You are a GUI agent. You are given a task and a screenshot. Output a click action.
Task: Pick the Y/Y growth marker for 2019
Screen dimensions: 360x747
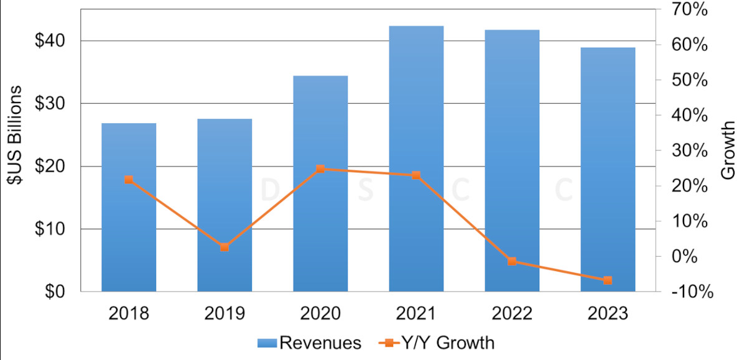[225, 247]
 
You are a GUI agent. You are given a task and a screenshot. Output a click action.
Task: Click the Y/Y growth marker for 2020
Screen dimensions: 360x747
[320, 169]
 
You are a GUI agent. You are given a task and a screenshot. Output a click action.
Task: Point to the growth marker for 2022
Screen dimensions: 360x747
[512, 261]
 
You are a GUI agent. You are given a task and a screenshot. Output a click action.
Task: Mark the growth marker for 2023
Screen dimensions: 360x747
[608, 280]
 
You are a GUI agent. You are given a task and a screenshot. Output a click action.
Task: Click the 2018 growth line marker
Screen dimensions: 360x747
[129, 180]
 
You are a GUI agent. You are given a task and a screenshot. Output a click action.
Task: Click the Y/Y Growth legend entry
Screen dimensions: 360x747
[437, 343]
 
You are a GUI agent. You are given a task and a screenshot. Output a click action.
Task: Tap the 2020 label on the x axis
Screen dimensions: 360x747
[320, 313]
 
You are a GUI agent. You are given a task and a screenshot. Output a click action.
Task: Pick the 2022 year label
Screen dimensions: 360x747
[512, 313]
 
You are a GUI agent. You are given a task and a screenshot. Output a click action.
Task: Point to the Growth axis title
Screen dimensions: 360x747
[728, 150]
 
